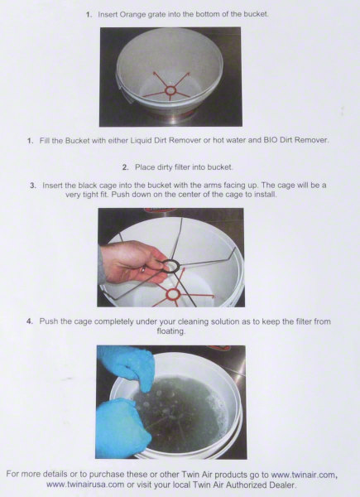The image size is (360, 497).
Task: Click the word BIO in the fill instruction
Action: [x=271, y=140]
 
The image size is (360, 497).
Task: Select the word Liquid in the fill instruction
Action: [x=142, y=141]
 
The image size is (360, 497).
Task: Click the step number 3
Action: [x=33, y=186]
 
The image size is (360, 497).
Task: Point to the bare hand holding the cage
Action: [x=133, y=262]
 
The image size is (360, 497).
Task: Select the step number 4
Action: [x=30, y=321]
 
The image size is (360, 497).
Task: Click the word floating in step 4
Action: [x=171, y=331]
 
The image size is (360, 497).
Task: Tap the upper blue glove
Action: [x=127, y=367]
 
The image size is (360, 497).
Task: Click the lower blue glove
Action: [x=122, y=427]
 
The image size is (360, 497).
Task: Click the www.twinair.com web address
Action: [x=304, y=475]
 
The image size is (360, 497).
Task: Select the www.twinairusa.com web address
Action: [x=85, y=485]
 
